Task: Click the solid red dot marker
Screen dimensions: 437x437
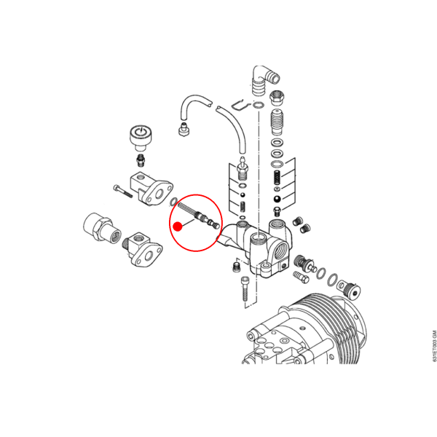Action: [x=178, y=227]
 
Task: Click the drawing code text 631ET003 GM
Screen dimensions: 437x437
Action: [x=434, y=346]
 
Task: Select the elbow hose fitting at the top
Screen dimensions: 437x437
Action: [x=264, y=81]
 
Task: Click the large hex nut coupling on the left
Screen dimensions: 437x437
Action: [x=102, y=227]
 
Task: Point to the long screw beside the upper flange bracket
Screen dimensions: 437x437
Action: [x=122, y=191]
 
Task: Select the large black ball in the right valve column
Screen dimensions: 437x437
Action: [x=277, y=200]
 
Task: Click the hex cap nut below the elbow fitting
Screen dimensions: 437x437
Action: [x=277, y=98]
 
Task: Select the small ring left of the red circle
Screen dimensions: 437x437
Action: [x=173, y=202]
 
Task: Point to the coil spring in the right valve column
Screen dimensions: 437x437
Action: [x=277, y=177]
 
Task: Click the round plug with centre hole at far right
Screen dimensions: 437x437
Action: [x=350, y=290]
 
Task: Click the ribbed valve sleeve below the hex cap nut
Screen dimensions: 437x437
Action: [x=277, y=122]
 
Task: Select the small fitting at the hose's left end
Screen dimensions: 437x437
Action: [x=184, y=129]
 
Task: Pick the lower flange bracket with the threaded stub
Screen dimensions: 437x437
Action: [x=143, y=248]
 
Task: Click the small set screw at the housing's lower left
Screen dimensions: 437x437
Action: [x=236, y=267]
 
